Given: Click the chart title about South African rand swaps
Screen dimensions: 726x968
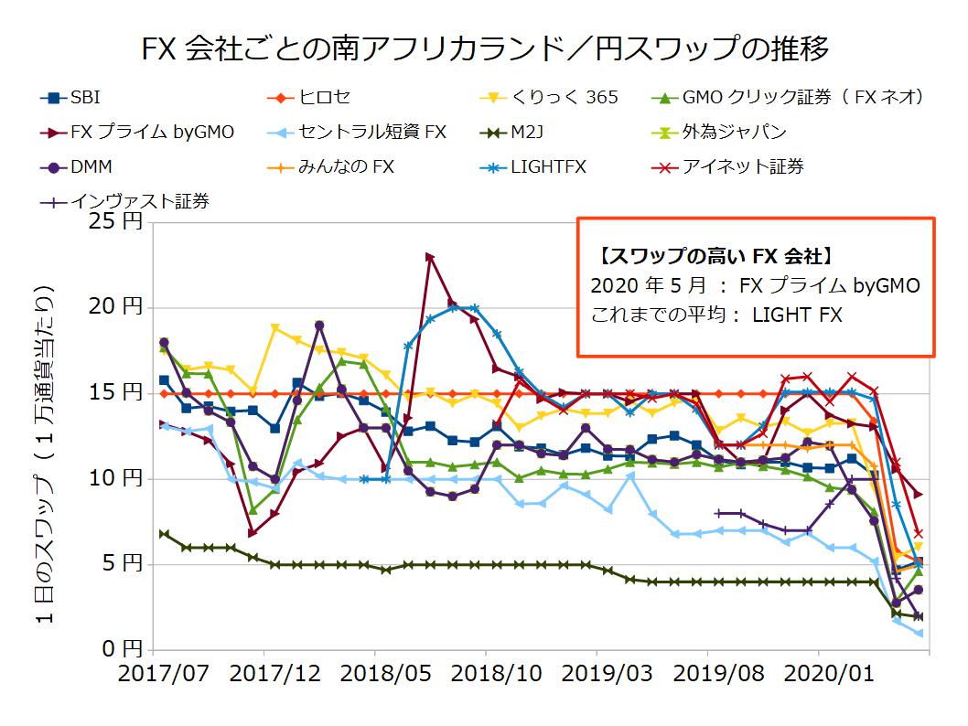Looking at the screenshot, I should point(485,48).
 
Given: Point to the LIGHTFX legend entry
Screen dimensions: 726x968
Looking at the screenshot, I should point(549,166).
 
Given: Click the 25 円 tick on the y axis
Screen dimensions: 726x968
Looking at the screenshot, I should point(122,222).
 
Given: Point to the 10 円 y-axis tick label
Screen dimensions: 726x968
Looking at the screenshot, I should point(122,478).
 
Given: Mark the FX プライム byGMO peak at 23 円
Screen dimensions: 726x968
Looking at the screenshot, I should point(429,257).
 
